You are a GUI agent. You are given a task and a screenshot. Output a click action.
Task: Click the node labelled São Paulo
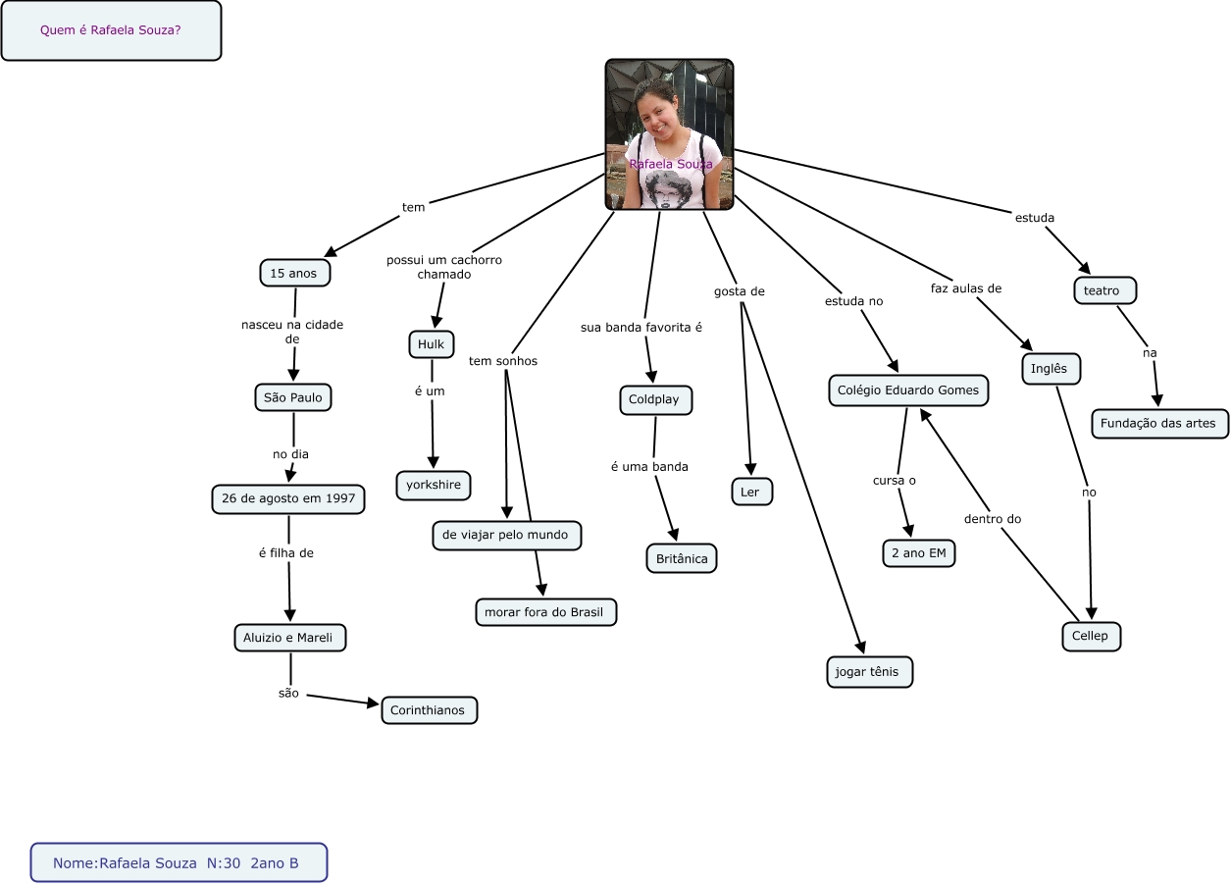pos(293,397)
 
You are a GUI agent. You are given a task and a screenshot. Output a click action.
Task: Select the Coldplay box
pos(655,400)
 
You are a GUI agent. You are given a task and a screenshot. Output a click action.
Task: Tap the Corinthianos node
pos(429,709)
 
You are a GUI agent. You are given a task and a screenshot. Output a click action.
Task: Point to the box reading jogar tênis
pos(868,672)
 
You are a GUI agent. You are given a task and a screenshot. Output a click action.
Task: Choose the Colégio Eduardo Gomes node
pos(907,390)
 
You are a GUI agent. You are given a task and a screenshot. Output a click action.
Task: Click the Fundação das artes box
pos(1159,423)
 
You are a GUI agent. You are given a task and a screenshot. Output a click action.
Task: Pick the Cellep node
pos(1090,636)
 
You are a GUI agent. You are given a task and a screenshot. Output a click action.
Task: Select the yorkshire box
pos(434,485)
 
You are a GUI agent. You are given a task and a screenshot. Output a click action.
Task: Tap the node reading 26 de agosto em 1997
pos(288,498)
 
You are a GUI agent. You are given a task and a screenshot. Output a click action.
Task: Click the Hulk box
pos(431,343)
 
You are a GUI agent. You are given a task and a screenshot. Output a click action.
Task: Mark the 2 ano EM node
pos(918,553)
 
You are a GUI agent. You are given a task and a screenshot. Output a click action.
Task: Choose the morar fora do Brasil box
pos(545,612)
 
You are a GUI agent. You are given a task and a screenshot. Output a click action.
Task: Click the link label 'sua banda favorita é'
pos(641,327)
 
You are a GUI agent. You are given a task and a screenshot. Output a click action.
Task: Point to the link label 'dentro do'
pos(993,518)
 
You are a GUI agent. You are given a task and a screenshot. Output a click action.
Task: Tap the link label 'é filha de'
pos(285,552)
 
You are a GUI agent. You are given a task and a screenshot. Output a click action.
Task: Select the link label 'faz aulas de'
pos(966,288)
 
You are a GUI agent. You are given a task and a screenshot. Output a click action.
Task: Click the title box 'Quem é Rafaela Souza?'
pos(111,30)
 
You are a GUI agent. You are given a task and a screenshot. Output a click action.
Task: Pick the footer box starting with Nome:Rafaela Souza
pos(178,863)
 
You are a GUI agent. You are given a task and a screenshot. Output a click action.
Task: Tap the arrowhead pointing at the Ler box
pos(750,468)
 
